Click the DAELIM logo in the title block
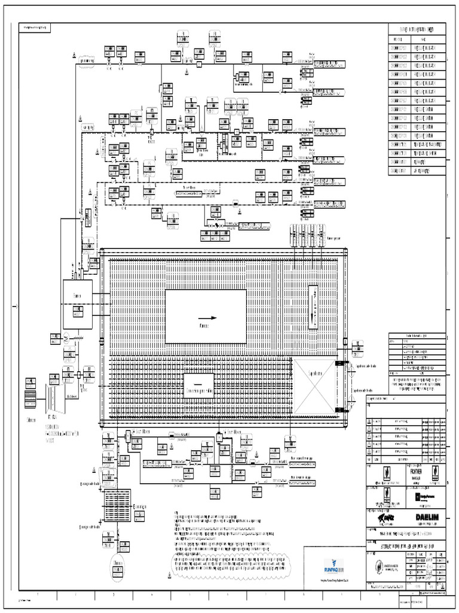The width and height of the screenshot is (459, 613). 425,516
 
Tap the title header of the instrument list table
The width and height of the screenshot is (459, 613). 417,29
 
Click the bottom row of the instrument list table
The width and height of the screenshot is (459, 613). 417,171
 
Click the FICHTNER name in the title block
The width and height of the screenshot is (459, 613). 417,471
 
